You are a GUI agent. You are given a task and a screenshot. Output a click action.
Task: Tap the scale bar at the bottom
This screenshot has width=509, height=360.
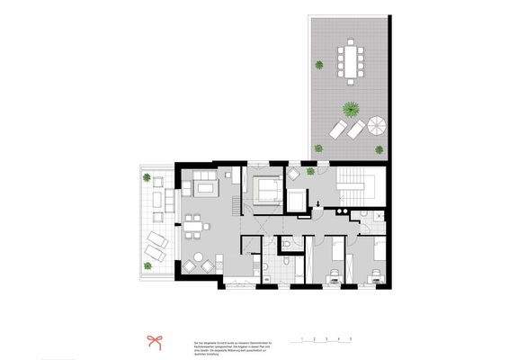318,340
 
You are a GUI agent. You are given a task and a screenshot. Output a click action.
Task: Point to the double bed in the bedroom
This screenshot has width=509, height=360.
267,189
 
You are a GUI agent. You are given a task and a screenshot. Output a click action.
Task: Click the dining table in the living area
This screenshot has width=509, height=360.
193,228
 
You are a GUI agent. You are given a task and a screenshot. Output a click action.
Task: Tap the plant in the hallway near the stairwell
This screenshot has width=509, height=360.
309,171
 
